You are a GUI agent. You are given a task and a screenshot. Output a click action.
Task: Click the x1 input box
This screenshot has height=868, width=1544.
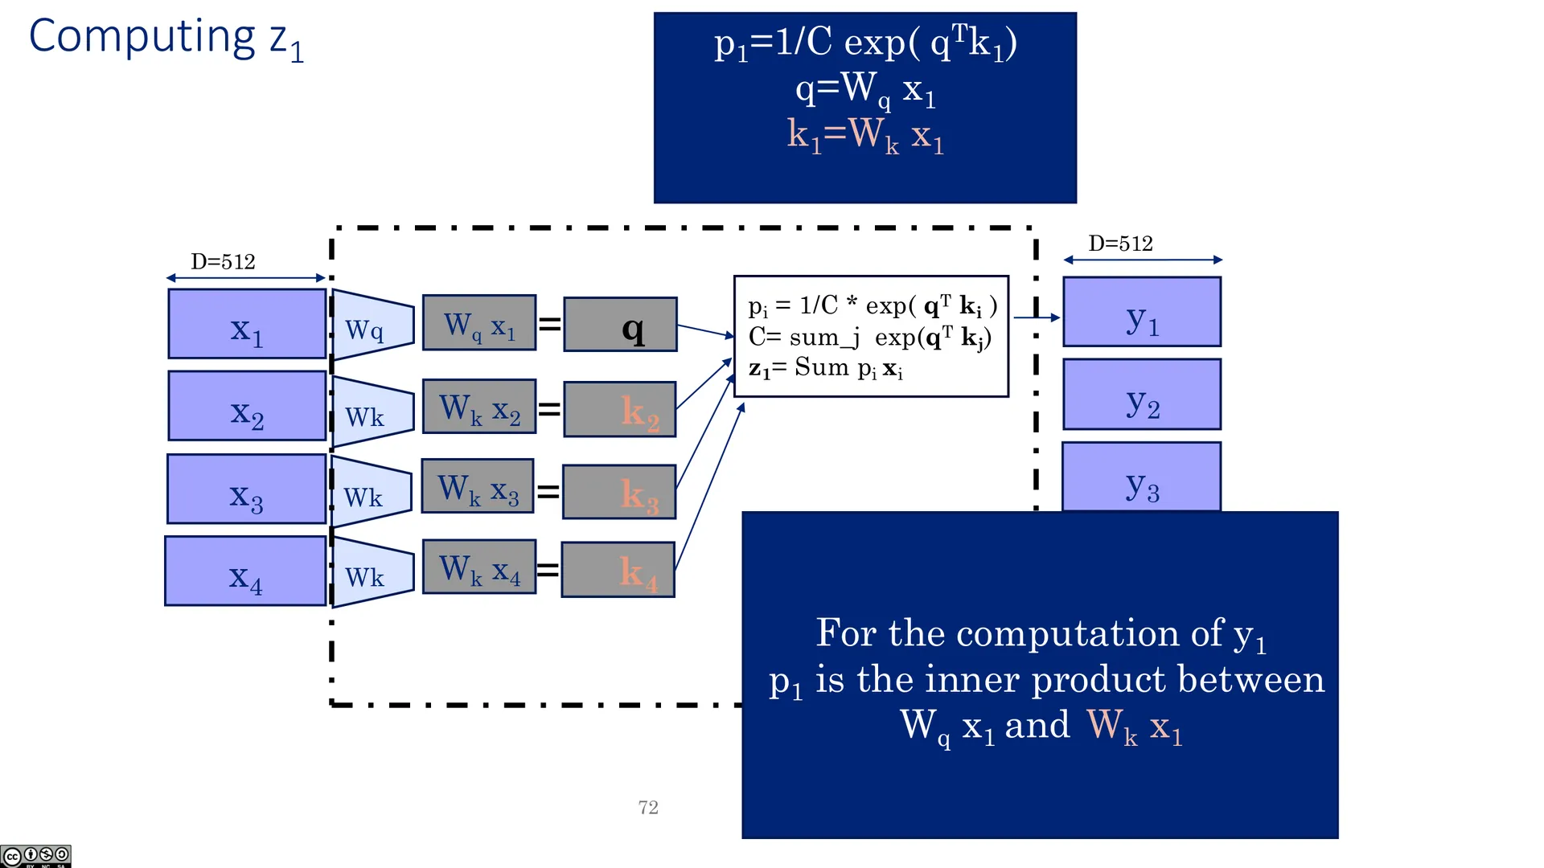247,324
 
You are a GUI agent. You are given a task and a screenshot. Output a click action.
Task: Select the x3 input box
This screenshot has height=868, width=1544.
247,489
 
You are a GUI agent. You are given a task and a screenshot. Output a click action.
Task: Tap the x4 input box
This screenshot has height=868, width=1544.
245,571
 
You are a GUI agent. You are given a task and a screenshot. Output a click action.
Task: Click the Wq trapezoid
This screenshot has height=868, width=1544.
372,325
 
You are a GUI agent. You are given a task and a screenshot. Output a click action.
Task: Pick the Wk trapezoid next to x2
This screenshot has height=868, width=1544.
372,411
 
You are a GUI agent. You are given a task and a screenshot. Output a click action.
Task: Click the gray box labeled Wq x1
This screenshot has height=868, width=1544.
479,323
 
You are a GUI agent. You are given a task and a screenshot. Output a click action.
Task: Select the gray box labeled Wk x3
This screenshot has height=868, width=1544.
478,486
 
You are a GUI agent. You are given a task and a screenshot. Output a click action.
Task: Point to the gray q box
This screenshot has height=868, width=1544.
621,325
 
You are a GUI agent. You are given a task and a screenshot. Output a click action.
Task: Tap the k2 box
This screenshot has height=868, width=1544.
620,410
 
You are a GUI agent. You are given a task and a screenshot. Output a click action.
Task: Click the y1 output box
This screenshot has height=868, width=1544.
1142,312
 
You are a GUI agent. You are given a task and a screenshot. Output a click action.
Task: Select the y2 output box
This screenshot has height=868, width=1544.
1142,395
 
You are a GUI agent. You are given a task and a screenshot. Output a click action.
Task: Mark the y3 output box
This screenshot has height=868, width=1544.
1142,477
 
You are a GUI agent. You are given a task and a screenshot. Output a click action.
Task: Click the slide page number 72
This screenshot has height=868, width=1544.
648,808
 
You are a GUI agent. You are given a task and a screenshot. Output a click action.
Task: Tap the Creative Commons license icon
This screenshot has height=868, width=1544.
35,856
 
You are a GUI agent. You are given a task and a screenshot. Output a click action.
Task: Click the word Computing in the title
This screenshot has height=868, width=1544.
142,37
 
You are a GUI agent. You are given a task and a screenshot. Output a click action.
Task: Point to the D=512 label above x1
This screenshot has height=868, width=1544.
223,262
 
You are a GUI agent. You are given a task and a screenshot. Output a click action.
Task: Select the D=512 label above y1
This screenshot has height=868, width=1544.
1120,244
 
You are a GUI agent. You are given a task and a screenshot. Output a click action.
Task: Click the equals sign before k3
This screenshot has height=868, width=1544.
548,490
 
